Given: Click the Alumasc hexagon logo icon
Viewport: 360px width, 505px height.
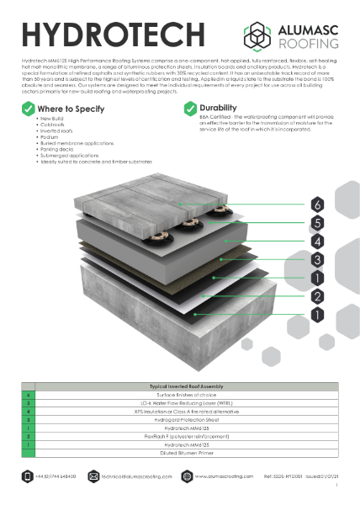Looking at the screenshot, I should pos(257,35).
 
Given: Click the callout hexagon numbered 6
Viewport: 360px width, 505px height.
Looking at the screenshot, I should pos(317,205).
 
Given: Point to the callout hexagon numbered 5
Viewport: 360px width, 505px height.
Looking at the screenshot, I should pos(317,222).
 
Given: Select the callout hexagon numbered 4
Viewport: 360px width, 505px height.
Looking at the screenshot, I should pos(317,241).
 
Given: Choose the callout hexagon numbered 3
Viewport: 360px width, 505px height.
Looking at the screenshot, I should pos(317,259).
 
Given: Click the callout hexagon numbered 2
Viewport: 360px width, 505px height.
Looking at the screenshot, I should pos(317,295).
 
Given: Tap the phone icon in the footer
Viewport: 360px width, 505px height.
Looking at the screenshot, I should pos(28,476).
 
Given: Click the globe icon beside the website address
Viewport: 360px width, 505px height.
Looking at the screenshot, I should pos(188,476).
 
